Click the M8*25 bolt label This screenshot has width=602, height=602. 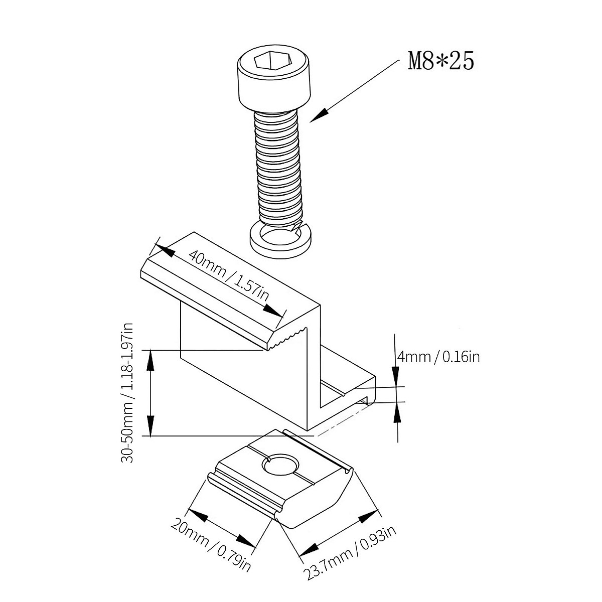tap(441, 61)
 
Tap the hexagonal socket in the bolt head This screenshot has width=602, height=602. tap(272, 62)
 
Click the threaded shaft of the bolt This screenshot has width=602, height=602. tap(277, 166)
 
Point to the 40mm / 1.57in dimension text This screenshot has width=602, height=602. tap(228, 280)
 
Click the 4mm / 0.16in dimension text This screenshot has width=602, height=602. tap(438, 357)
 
